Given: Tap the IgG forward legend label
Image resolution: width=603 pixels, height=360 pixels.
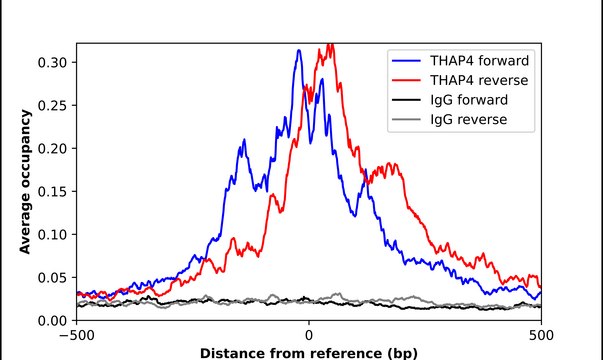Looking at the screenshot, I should (x=468, y=100).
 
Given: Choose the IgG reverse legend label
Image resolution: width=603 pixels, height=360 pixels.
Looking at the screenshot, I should (x=468, y=120).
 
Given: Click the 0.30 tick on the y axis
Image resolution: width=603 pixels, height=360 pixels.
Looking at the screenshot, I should (x=52, y=62).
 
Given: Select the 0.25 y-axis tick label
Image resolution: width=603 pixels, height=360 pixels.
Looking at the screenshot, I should (x=52, y=105).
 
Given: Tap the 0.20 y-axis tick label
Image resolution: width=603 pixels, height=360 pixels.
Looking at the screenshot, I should (x=52, y=148).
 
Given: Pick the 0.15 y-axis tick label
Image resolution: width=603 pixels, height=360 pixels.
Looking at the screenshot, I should (x=52, y=191).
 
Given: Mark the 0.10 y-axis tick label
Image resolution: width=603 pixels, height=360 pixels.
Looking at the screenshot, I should (x=52, y=234).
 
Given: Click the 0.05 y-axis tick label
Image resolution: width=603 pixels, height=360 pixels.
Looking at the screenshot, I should (x=52, y=277).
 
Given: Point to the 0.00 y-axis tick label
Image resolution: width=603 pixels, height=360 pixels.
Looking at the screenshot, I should (x=52, y=320).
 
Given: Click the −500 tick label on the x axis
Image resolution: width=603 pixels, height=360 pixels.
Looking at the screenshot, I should (x=77, y=335).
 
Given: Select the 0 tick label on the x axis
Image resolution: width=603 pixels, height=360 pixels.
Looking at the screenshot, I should (x=309, y=335).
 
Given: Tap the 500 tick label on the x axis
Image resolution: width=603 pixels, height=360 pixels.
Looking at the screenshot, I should (x=541, y=335).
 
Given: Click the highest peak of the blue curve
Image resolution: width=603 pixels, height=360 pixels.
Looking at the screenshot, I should (x=299, y=51).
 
